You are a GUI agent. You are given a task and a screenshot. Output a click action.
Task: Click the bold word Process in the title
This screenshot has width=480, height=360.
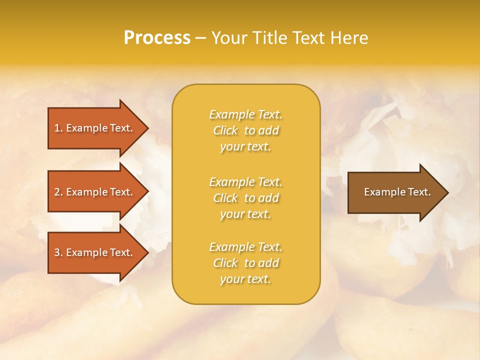pos(157,38)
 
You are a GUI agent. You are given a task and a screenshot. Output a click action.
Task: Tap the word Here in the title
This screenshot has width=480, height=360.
pos(348,38)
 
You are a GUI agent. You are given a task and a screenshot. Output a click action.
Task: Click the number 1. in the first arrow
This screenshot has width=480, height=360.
pos(58,128)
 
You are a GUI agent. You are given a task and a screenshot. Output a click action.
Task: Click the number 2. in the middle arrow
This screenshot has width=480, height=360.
pos(58,192)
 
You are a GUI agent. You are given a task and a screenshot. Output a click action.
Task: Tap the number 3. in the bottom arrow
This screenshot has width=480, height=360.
pos(58,252)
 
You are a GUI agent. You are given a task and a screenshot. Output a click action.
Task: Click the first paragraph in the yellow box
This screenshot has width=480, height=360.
pos(245,130)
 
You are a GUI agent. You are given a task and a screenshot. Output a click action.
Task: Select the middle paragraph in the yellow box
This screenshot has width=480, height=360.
pos(245,198)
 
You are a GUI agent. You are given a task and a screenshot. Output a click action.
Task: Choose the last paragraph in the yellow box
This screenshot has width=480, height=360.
pos(245,263)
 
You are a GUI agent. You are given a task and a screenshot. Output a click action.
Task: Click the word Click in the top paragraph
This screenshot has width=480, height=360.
pos(225,130)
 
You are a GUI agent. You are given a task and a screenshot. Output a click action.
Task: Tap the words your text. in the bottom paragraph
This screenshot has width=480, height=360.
pos(245,279)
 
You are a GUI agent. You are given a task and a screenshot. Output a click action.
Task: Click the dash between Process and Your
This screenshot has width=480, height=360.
pos(200,38)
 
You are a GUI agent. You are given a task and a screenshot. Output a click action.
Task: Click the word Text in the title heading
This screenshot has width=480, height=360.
pos(308,38)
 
